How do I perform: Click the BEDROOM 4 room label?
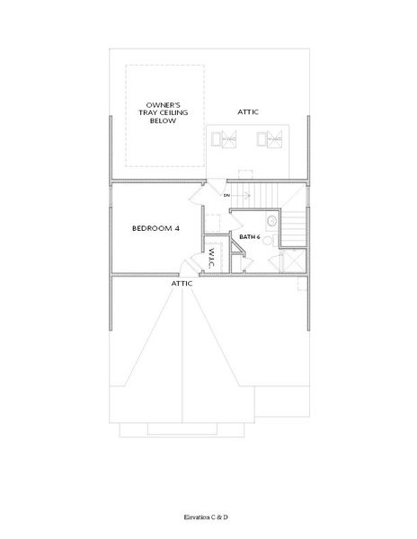coord(155,229)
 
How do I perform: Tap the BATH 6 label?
coord(249,237)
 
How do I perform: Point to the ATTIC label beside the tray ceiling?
coord(249,112)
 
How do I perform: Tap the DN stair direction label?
coord(227,194)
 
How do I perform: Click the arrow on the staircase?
coord(240,194)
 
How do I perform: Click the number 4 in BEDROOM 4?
coord(177,229)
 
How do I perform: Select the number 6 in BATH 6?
coord(259,237)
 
